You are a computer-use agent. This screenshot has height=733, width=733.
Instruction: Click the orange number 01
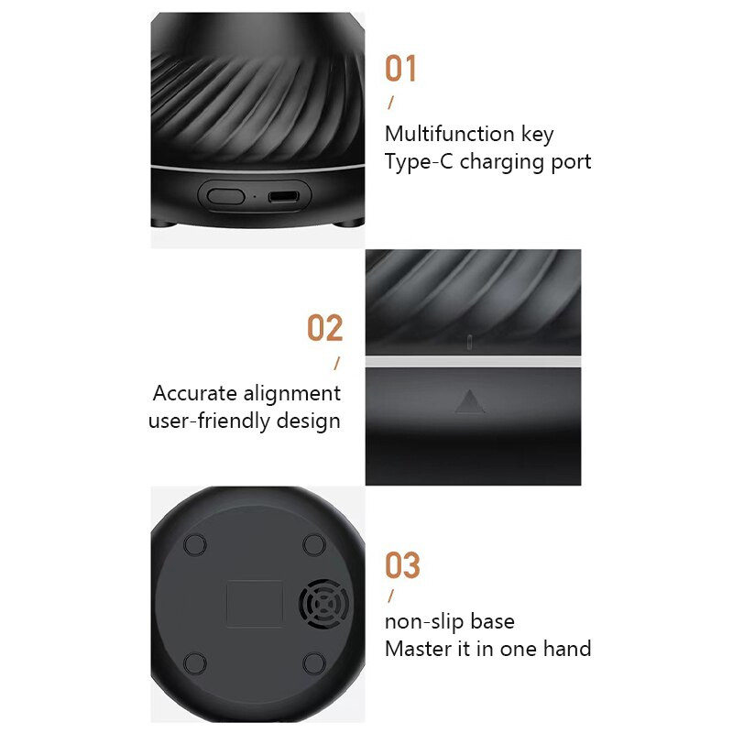pos(400,69)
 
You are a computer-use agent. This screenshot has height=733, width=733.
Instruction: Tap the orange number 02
pos(324,328)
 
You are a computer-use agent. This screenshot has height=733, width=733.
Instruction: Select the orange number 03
pos(401,565)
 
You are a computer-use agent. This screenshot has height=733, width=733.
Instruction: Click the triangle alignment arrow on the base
pos(469,401)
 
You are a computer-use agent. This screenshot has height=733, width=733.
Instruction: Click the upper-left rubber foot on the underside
pos(195,544)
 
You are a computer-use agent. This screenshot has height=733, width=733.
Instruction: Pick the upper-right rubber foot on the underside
pos(314,544)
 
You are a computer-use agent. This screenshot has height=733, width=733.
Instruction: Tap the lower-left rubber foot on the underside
pos(195,663)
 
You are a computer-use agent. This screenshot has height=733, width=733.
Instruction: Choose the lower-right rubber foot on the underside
pos(314,663)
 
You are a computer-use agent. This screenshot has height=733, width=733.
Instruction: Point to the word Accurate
pos(196,394)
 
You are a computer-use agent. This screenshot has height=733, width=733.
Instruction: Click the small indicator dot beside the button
pos(254,196)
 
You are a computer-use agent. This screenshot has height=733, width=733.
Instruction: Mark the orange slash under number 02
pos(336,364)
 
